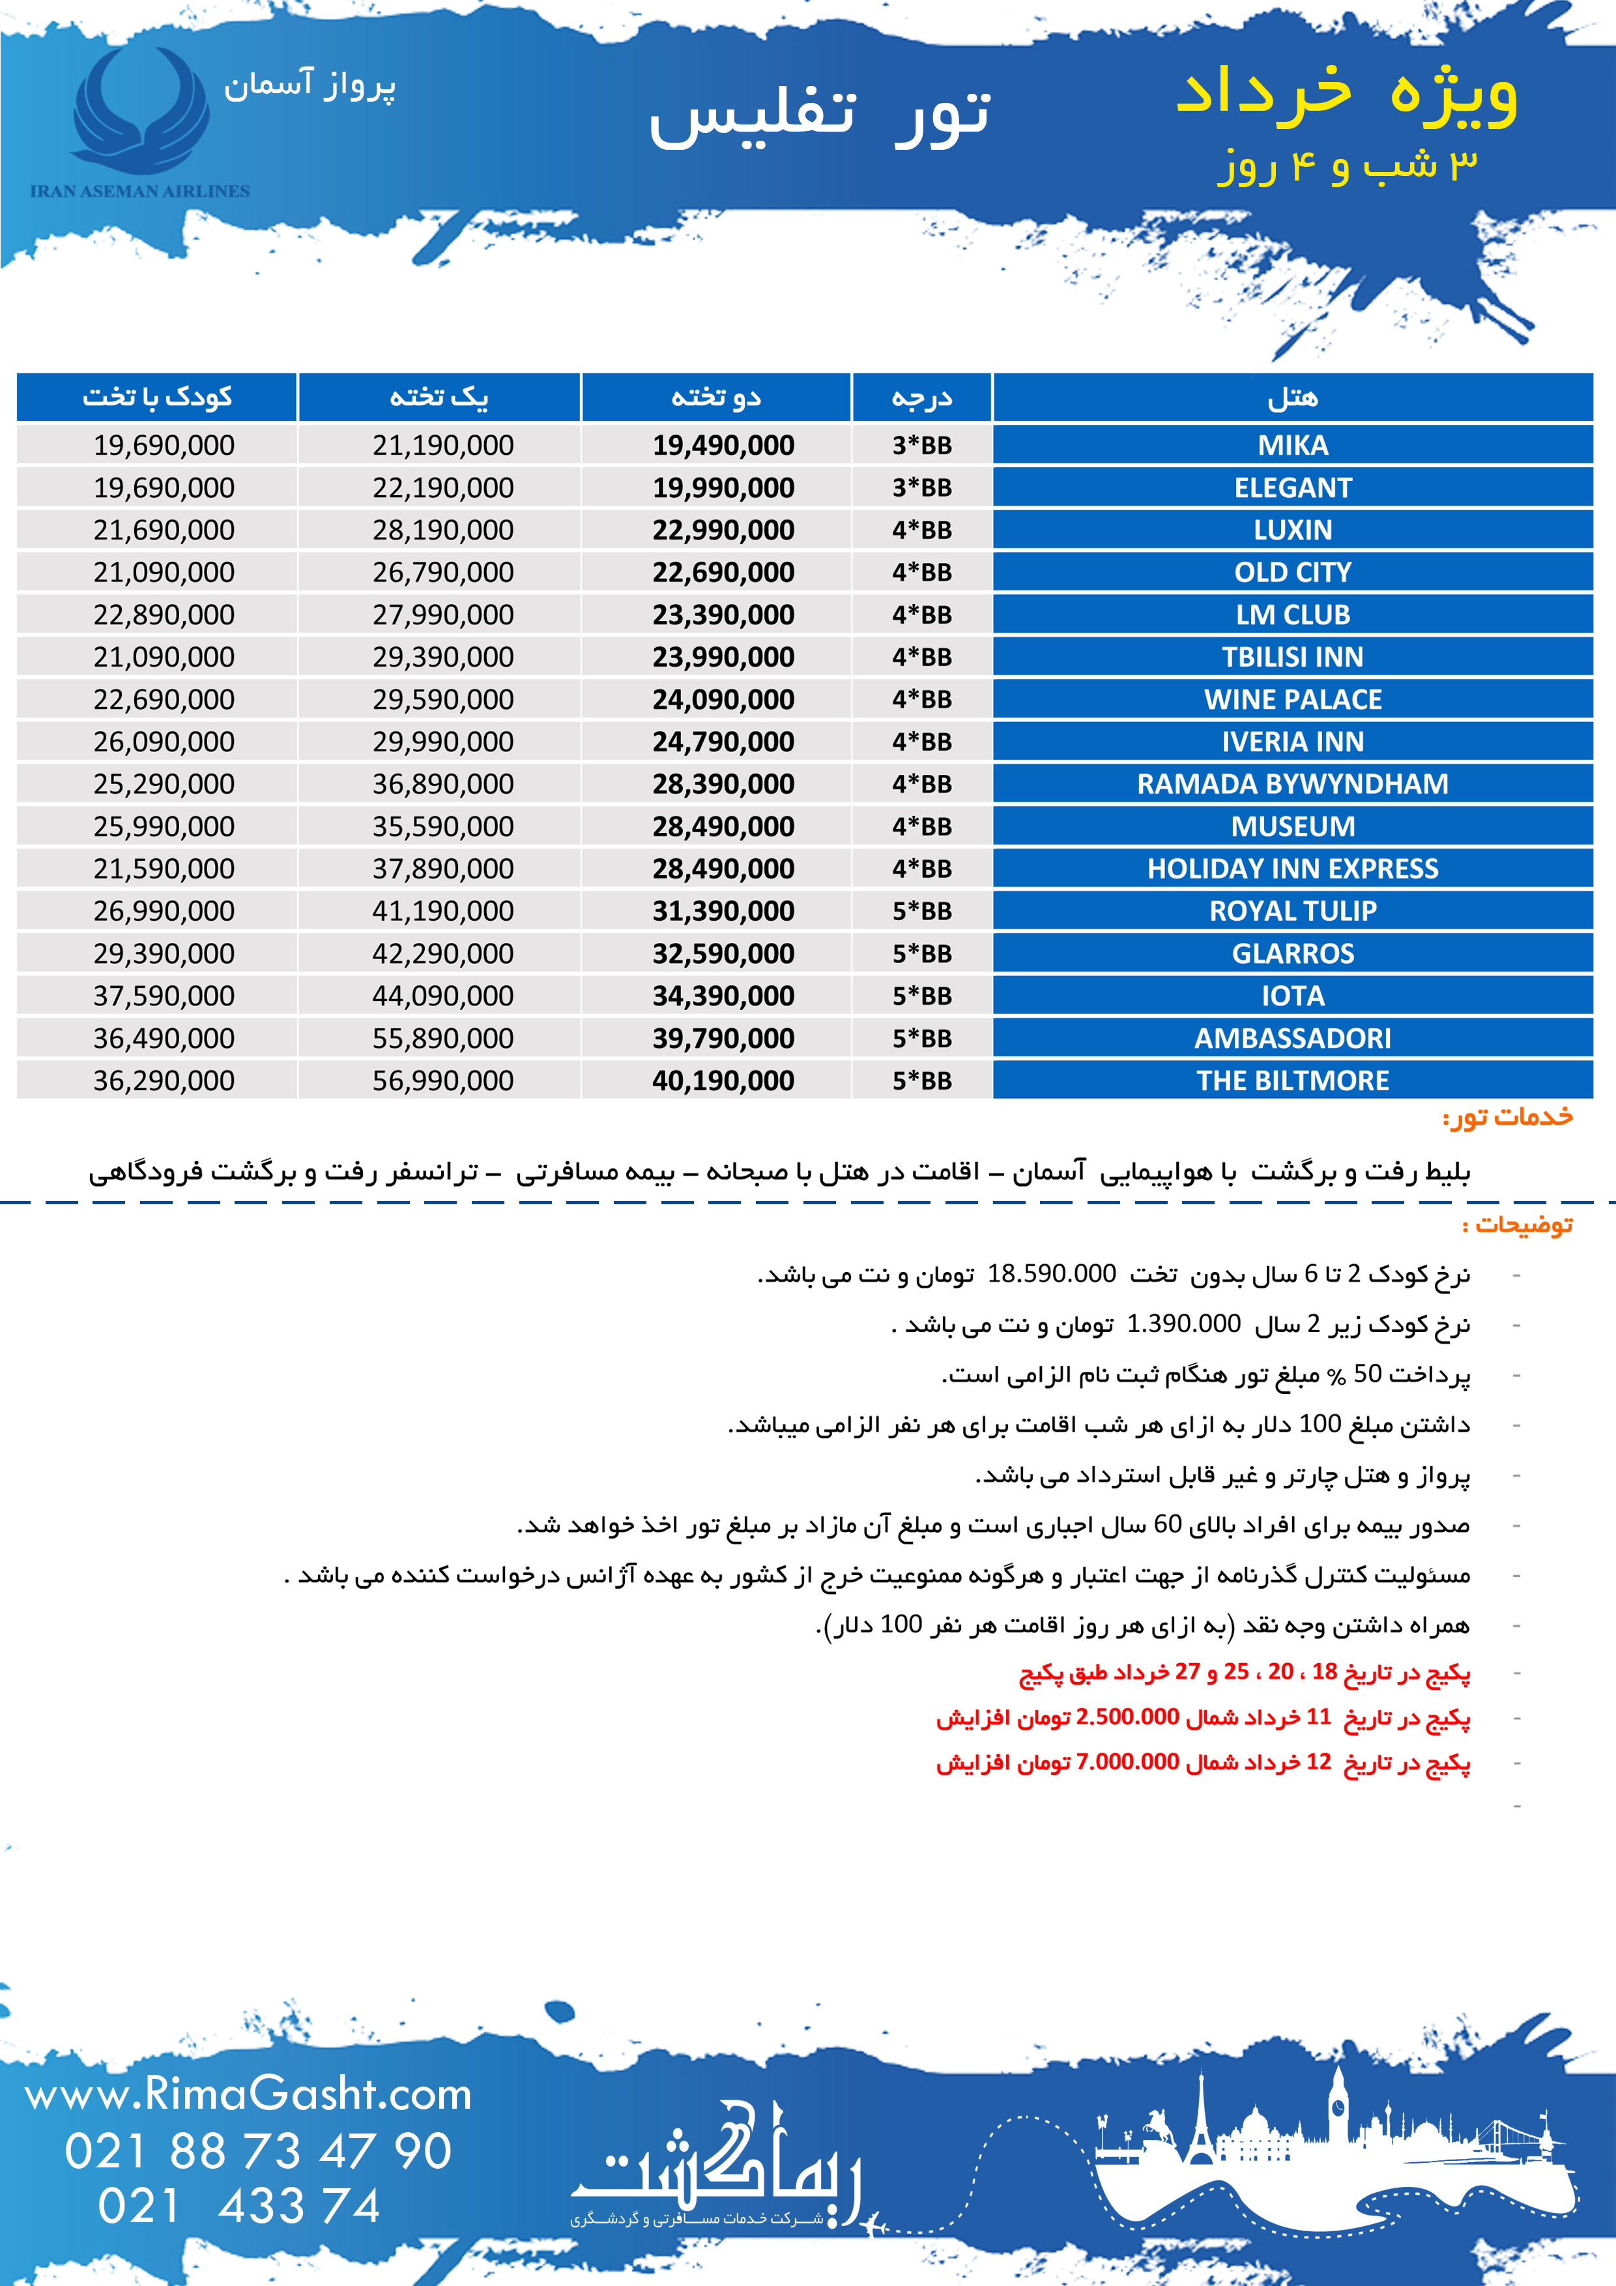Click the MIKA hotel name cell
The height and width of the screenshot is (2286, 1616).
1292,445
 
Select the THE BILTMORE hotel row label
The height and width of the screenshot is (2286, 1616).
1292,1080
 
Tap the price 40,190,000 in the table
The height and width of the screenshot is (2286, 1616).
723,1080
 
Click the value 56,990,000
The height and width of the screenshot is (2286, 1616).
443,1080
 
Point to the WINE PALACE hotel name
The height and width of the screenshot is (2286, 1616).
1292,699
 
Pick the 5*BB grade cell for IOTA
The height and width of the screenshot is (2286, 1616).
922,996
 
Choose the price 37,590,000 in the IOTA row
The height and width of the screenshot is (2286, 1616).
164,996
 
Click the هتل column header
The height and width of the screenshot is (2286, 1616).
1292,398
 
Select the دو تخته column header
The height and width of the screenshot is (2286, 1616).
716,398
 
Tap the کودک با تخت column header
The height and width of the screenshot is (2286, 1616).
157,398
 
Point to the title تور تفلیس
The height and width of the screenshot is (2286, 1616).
820,115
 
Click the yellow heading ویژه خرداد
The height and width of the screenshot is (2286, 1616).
1346,92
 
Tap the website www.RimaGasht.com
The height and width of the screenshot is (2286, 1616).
248,2095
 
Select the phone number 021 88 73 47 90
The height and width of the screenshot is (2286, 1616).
258,2152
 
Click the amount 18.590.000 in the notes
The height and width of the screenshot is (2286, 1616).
1052,1273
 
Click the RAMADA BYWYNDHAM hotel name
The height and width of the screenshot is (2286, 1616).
1292,783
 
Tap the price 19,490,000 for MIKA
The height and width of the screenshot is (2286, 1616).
723,445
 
